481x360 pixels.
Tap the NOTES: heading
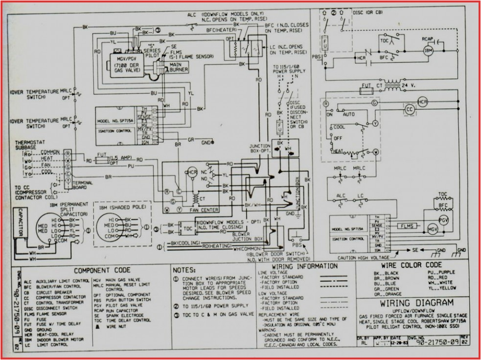point(185,270)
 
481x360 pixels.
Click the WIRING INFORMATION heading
point(304,267)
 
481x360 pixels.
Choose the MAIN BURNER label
point(178,67)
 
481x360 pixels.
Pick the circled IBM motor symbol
point(429,51)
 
